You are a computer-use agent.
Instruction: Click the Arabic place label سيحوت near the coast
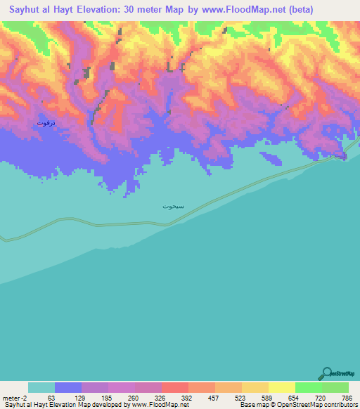coord(173,207)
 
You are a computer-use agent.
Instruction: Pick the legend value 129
coord(81,397)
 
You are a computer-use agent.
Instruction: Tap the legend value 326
coord(161,397)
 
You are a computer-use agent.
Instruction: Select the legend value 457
coord(214,397)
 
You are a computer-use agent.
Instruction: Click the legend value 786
coord(348,397)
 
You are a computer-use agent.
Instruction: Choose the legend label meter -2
coord(15,397)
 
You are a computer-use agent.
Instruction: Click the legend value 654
coord(295,397)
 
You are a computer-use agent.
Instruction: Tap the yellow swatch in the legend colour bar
coord(281,387)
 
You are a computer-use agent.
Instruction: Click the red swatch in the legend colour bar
coord(174,387)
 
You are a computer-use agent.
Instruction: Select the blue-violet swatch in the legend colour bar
coord(67,387)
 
